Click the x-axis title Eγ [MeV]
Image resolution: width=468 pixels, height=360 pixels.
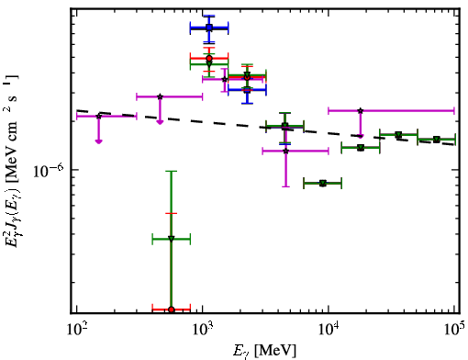click(x=264, y=351)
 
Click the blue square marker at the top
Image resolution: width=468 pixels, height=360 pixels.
click(x=209, y=28)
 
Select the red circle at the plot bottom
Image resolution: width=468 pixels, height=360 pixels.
click(x=172, y=309)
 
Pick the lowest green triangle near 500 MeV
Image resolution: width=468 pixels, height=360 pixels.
click(x=172, y=239)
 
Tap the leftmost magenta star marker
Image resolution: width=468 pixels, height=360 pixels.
click(x=98, y=117)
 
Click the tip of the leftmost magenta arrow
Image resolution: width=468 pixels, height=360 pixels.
click(x=98, y=143)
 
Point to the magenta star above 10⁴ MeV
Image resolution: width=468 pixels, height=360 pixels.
click(x=361, y=111)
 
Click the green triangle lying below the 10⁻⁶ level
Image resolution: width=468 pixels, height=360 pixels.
click(x=323, y=184)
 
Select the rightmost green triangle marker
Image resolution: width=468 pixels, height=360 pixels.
click(x=437, y=140)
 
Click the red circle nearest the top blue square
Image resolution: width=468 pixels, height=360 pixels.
click(x=209, y=58)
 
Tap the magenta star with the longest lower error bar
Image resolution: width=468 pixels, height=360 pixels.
click(x=286, y=151)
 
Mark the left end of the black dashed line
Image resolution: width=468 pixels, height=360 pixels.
click(x=77, y=110)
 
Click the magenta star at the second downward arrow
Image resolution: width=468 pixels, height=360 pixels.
click(x=160, y=96)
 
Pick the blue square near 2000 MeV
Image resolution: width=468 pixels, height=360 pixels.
click(x=247, y=90)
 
